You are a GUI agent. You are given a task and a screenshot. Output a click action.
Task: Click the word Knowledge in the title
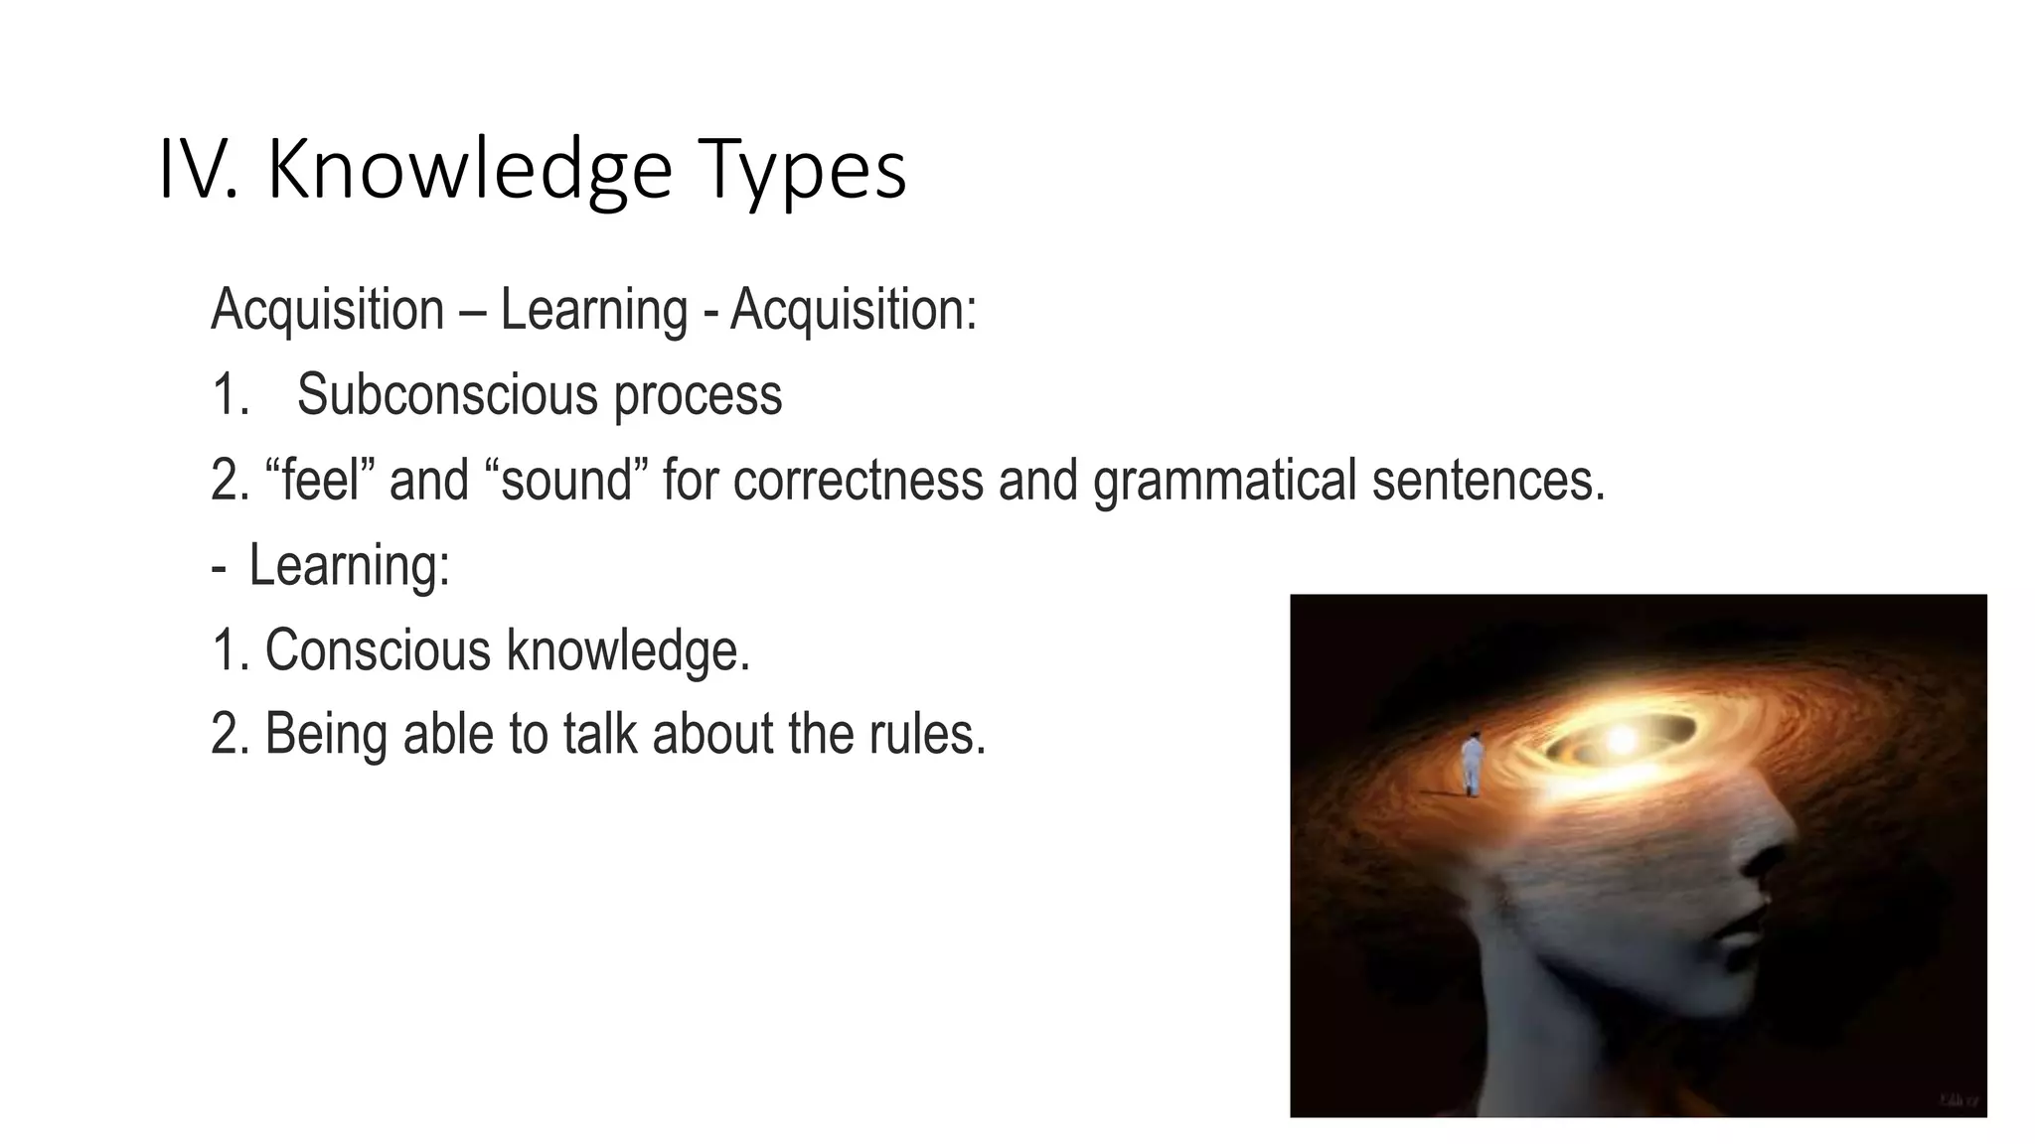[x=470, y=171]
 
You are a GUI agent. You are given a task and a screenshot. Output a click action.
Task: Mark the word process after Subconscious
[x=698, y=395]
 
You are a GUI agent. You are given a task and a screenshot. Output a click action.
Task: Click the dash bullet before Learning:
[x=219, y=567]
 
